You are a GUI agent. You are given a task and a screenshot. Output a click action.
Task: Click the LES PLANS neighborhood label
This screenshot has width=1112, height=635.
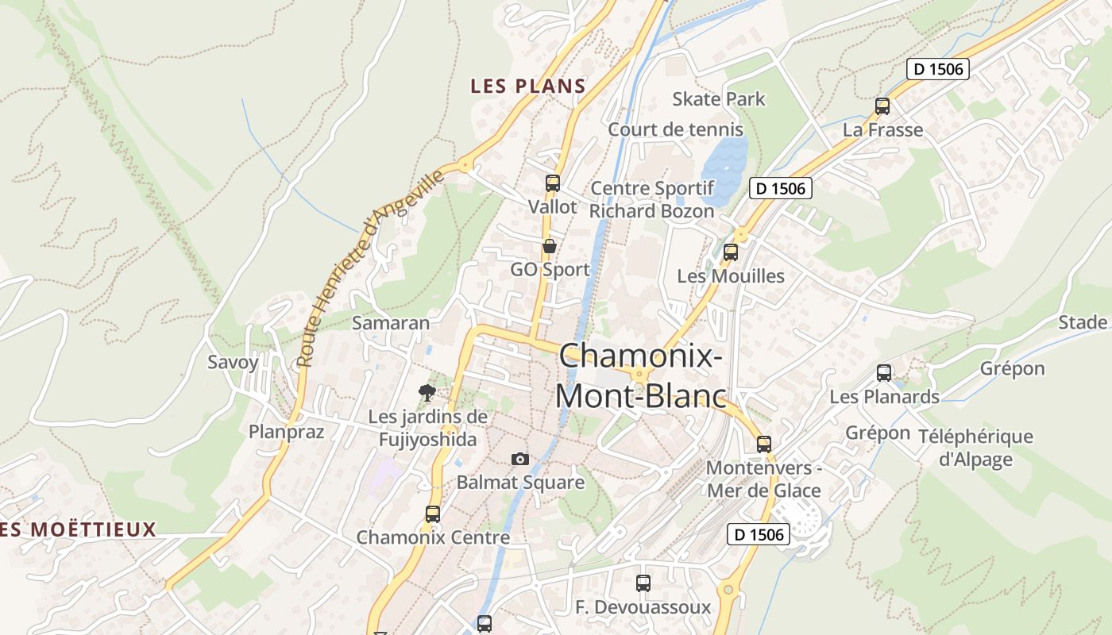(528, 87)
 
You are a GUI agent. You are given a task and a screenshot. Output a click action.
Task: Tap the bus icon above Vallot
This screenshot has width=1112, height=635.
(553, 183)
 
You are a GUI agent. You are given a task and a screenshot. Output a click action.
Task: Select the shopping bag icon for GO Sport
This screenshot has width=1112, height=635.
(549, 247)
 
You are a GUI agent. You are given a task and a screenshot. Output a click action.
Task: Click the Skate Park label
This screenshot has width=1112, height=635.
(719, 99)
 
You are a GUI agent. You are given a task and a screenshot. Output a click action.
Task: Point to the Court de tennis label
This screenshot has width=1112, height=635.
(675, 129)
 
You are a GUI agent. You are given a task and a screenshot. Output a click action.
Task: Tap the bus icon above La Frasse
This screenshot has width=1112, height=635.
(882, 106)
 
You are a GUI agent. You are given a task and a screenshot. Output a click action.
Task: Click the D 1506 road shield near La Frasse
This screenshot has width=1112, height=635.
(938, 69)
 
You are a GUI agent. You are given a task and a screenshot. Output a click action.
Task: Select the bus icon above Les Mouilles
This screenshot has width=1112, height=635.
(731, 252)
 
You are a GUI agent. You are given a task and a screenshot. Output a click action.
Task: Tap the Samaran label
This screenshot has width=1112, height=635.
(391, 323)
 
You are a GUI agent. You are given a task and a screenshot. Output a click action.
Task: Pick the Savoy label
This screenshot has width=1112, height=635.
(233, 363)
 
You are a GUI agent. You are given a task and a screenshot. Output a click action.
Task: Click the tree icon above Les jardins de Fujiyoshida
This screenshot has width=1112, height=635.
(427, 392)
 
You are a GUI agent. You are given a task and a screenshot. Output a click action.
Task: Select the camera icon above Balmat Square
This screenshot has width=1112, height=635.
(520, 459)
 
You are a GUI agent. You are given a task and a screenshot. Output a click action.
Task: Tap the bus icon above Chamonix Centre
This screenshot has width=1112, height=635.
(433, 514)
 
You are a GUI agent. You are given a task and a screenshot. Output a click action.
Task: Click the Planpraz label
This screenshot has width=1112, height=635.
(287, 432)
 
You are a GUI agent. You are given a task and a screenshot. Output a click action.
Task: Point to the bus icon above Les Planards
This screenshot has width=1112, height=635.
(884, 373)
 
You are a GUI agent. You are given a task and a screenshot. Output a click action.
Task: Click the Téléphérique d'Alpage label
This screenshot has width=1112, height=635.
(975, 448)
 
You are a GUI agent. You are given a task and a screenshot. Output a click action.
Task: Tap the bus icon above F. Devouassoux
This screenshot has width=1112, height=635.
(643, 583)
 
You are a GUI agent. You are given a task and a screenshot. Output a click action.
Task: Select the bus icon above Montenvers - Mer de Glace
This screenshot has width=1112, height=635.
(764, 444)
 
